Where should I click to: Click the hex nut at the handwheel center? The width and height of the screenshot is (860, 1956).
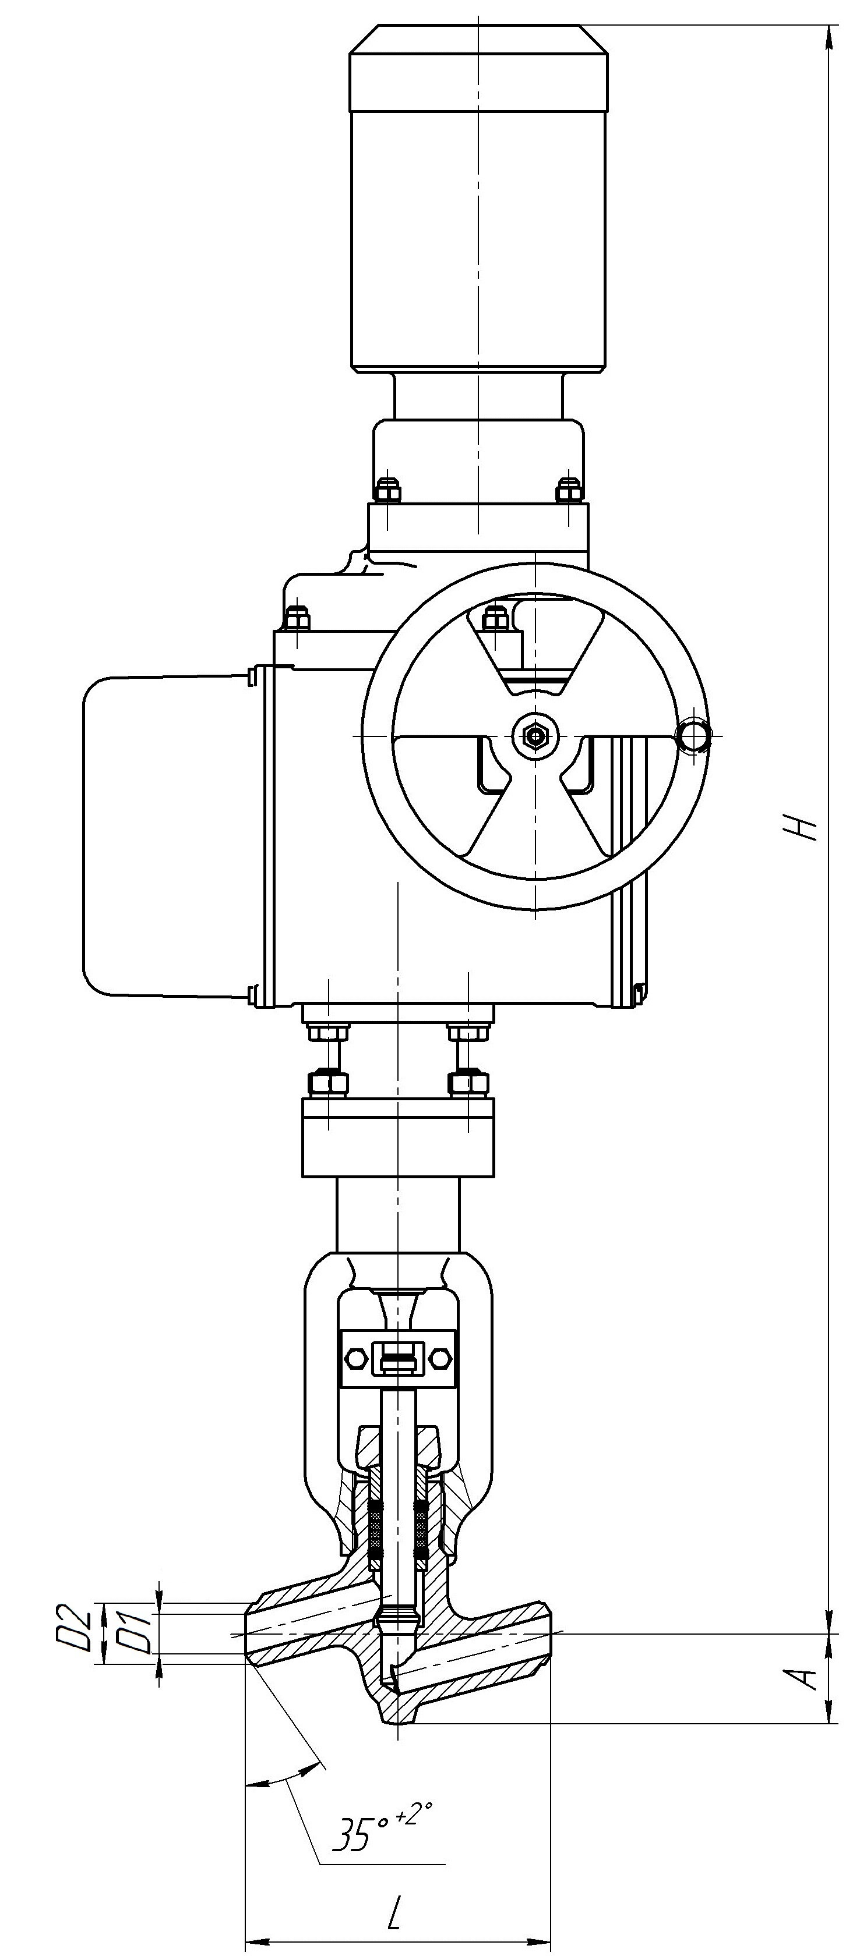click(535, 735)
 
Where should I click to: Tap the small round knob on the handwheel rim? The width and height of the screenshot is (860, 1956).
click(695, 735)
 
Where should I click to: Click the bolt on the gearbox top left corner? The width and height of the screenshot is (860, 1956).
click(298, 616)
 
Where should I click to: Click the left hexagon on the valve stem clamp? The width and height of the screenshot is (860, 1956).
click(355, 1357)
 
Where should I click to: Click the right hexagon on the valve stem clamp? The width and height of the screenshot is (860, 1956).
click(440, 1357)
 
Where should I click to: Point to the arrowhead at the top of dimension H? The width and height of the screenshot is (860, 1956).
click(827, 35)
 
